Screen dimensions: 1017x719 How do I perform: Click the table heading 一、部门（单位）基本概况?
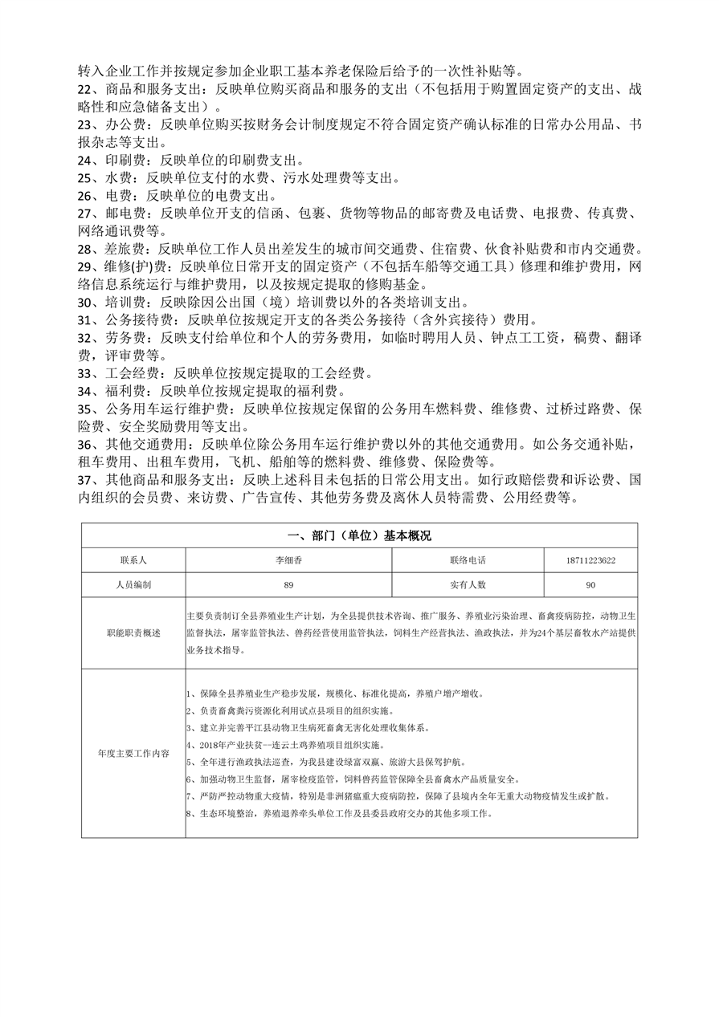[359, 536]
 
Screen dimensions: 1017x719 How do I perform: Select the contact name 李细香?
[288, 560]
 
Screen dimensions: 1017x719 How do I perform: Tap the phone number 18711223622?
[590, 560]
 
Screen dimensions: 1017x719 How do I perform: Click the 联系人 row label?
[133, 560]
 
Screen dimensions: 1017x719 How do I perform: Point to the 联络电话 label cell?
[468, 560]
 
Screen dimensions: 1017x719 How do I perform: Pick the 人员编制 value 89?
[288, 585]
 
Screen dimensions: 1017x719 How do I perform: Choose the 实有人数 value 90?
[590, 585]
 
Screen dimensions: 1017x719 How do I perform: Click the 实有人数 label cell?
[468, 585]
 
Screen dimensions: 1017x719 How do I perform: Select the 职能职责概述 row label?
[133, 633]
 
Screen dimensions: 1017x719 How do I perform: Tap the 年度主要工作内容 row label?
[133, 754]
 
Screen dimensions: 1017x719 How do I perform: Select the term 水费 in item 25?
[117, 177]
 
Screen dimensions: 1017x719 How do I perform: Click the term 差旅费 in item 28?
[125, 249]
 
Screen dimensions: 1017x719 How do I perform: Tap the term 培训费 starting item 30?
[125, 302]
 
